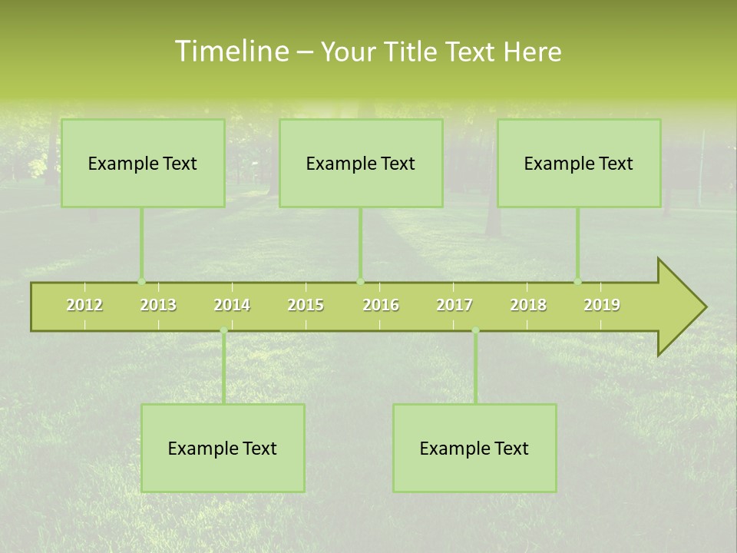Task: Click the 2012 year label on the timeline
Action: tap(84, 305)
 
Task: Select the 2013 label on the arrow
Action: tap(158, 305)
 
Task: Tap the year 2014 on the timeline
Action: tap(232, 305)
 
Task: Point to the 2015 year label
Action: tap(306, 305)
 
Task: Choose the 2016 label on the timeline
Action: tap(381, 305)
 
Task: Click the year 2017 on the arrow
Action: tap(454, 305)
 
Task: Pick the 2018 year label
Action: tap(528, 305)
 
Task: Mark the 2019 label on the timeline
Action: tap(602, 305)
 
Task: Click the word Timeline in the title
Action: tap(231, 51)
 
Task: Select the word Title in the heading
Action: tap(413, 51)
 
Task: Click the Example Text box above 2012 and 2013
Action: tap(143, 164)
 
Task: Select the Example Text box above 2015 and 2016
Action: tap(361, 164)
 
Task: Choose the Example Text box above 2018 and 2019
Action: tap(579, 164)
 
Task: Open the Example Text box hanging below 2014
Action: tap(223, 449)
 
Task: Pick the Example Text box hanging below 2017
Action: tap(474, 449)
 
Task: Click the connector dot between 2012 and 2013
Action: tap(141, 282)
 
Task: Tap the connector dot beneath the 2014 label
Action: tap(223, 331)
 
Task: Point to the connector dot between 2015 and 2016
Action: tap(360, 282)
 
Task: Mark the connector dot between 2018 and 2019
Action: tap(577, 282)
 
